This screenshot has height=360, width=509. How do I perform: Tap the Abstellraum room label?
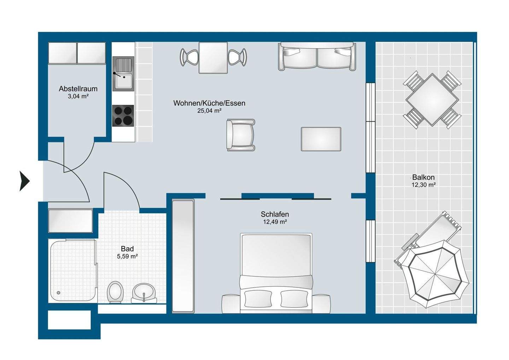[78, 89]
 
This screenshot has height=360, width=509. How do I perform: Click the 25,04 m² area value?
[209, 111]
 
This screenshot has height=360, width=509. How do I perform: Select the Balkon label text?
[423, 177]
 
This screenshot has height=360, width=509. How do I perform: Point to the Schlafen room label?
[275, 214]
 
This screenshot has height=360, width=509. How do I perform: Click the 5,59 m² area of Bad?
[127, 256]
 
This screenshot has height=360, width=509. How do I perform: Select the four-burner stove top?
[123, 116]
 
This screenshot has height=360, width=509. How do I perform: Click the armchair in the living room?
[241, 135]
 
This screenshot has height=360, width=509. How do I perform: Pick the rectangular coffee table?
[321, 139]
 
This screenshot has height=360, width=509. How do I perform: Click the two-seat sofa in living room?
[317, 56]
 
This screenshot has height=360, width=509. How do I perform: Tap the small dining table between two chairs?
[213, 58]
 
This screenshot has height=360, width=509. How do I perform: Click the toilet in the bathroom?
[115, 292]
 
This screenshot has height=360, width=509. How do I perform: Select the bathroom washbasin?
[144, 293]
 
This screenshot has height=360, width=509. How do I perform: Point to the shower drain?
[59, 293]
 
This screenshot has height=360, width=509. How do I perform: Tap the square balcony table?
[432, 99]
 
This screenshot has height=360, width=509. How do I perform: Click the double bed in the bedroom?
[276, 273]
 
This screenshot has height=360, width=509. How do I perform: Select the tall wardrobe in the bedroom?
[183, 256]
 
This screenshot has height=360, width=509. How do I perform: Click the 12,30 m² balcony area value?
[423, 185]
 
